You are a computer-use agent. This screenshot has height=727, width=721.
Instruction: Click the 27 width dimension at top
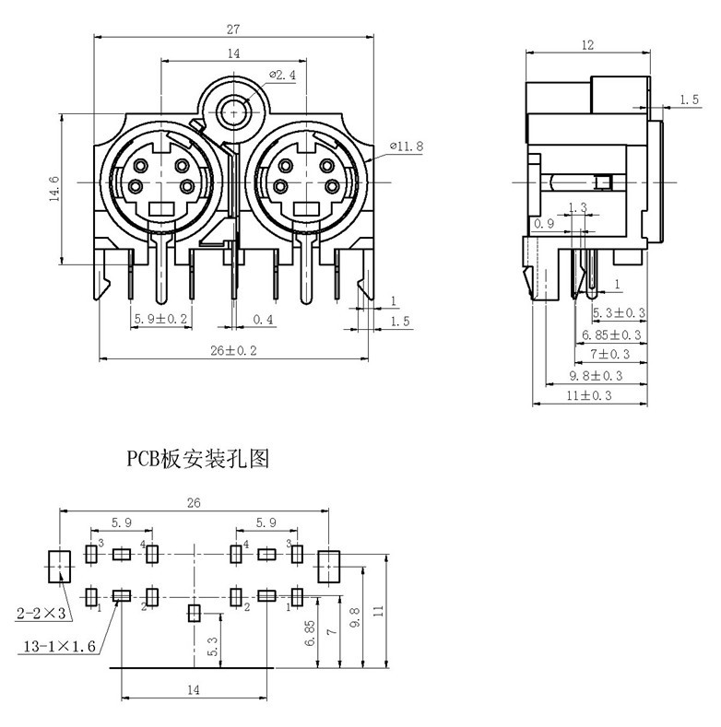(x=232, y=29)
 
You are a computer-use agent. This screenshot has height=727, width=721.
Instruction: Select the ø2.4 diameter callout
(x=282, y=76)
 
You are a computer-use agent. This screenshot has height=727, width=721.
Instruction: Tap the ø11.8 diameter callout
(x=406, y=146)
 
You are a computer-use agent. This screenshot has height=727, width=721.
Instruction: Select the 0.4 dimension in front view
(x=264, y=320)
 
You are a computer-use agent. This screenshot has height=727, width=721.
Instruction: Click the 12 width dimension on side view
(x=588, y=44)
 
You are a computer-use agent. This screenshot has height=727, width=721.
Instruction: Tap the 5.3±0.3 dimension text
(x=619, y=313)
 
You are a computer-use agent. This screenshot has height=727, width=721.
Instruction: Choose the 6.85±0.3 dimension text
(x=612, y=334)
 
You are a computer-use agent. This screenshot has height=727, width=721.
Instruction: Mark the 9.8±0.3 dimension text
(x=596, y=376)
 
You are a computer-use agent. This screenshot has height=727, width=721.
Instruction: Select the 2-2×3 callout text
(x=40, y=612)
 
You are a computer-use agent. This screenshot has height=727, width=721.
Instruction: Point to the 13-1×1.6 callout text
(x=58, y=648)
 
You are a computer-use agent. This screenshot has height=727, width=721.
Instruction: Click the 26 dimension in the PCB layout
(x=194, y=503)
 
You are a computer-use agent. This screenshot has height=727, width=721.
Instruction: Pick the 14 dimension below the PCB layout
(x=193, y=689)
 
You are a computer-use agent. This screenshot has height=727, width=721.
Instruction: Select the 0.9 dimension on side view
(x=544, y=224)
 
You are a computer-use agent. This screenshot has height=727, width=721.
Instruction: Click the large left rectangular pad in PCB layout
(x=58, y=567)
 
